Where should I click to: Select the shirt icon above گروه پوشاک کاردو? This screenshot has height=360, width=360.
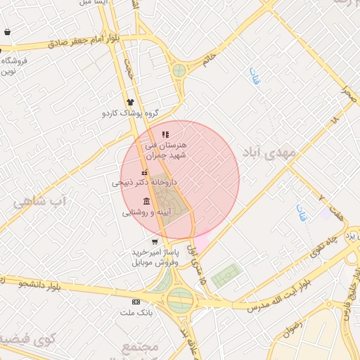[130, 102]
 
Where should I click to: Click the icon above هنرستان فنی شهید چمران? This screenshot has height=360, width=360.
[165, 134]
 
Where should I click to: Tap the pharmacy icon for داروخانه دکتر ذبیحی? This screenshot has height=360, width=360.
[145, 172]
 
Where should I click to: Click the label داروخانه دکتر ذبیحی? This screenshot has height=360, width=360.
[145, 182]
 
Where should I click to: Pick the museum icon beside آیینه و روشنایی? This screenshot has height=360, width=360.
[146, 202]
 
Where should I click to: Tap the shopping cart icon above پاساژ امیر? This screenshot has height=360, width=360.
[155, 242]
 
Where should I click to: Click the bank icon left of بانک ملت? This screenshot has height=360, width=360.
[136, 302]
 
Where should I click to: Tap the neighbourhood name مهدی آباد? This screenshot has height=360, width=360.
[264, 152]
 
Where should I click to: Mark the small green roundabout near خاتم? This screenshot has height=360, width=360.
[179, 70]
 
